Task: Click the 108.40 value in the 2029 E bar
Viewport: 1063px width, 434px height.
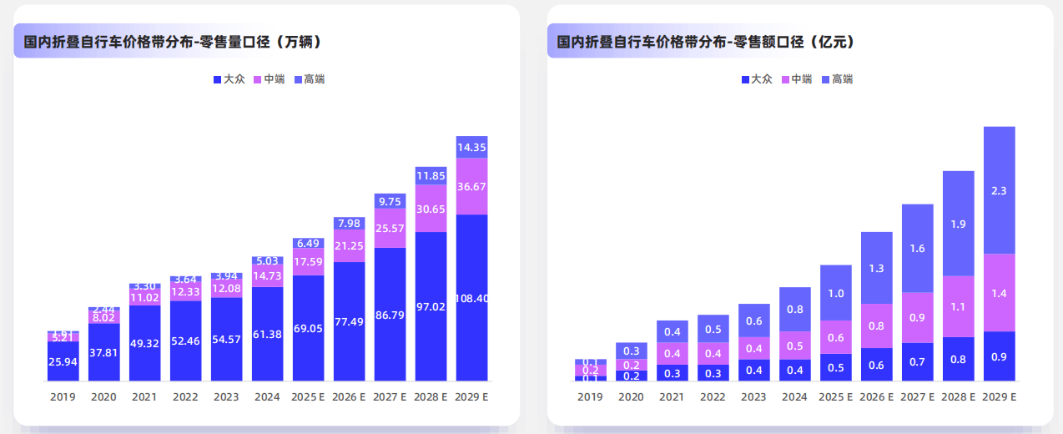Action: (472, 298)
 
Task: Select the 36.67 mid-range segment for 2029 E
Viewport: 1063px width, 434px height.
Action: (472, 187)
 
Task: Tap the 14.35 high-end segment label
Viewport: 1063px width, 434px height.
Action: (472, 147)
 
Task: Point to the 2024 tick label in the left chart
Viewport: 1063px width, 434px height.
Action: (268, 397)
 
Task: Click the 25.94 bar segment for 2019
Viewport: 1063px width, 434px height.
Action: (63, 361)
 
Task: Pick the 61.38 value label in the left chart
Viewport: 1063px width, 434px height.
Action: (268, 334)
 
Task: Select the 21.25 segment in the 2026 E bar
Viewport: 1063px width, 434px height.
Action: (350, 245)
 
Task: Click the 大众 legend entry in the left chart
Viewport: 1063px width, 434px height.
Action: (229, 79)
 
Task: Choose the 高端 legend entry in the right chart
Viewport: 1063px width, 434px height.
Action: (837, 79)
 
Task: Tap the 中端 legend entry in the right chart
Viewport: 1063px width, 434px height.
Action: (796, 79)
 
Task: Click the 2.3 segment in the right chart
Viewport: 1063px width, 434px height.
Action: (999, 190)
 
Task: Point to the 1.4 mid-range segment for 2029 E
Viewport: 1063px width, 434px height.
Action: (999, 293)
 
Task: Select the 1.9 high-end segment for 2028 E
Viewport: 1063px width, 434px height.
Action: (958, 224)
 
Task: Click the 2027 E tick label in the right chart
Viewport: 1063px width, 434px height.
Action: (917, 397)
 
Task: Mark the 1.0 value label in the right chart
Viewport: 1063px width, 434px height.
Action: (835, 293)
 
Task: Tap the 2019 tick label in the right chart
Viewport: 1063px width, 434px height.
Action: (590, 397)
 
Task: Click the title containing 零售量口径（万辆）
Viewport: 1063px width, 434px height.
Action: (173, 41)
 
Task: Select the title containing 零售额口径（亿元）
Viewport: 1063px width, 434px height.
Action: (706, 41)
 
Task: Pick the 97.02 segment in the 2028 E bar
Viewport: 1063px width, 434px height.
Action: (431, 306)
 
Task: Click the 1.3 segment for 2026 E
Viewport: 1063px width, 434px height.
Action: (876, 268)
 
